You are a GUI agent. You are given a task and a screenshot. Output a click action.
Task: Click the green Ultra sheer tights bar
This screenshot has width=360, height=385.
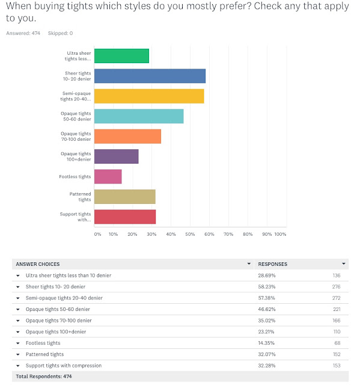pyautogui.click(x=121, y=56)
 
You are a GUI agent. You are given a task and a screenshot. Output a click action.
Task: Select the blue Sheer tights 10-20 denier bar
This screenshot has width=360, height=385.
pyautogui.click(x=150, y=76)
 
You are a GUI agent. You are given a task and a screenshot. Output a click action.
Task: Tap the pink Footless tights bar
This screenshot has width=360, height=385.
pyautogui.click(x=108, y=176)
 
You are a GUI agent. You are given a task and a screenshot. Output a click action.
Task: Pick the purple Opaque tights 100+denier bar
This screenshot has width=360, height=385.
pyautogui.click(x=117, y=156)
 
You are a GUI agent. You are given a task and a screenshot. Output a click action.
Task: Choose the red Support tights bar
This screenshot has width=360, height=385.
pyautogui.click(x=125, y=217)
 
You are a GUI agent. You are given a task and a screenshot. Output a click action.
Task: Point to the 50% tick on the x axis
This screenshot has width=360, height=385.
pyautogui.click(x=190, y=234)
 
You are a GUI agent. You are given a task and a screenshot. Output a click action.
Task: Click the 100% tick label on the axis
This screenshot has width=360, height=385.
pyautogui.click(x=280, y=234)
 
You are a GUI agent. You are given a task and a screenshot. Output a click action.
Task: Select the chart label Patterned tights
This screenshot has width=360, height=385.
pyautogui.click(x=80, y=197)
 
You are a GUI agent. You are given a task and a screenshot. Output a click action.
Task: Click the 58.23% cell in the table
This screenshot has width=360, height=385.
pyautogui.click(x=267, y=287)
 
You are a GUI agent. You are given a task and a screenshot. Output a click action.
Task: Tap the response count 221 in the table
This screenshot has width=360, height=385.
pyautogui.click(x=337, y=309)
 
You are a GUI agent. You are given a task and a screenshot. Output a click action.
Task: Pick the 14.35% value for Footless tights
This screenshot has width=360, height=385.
pyautogui.click(x=266, y=343)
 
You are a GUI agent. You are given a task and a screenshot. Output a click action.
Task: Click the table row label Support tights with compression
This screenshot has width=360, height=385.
pyautogui.click(x=64, y=366)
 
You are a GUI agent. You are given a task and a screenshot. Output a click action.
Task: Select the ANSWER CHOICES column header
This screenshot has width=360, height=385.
pyautogui.click(x=38, y=264)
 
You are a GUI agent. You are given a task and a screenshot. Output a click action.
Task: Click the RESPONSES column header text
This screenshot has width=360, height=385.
pyautogui.click(x=272, y=264)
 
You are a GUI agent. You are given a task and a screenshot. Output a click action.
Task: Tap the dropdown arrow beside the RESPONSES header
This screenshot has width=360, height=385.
pyautogui.click(x=344, y=263)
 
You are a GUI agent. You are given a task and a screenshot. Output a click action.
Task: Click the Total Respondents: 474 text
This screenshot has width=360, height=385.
pyautogui.click(x=44, y=377)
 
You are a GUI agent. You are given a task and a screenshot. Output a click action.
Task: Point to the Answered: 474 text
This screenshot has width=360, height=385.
pyautogui.click(x=23, y=33)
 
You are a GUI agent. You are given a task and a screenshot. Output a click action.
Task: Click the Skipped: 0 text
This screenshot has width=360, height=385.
pyautogui.click(x=60, y=33)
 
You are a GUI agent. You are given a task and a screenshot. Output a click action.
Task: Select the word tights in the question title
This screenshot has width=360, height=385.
pyautogui.click(x=80, y=6)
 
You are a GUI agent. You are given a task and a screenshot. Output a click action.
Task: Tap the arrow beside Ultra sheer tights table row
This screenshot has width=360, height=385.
pyautogui.click(x=18, y=276)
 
